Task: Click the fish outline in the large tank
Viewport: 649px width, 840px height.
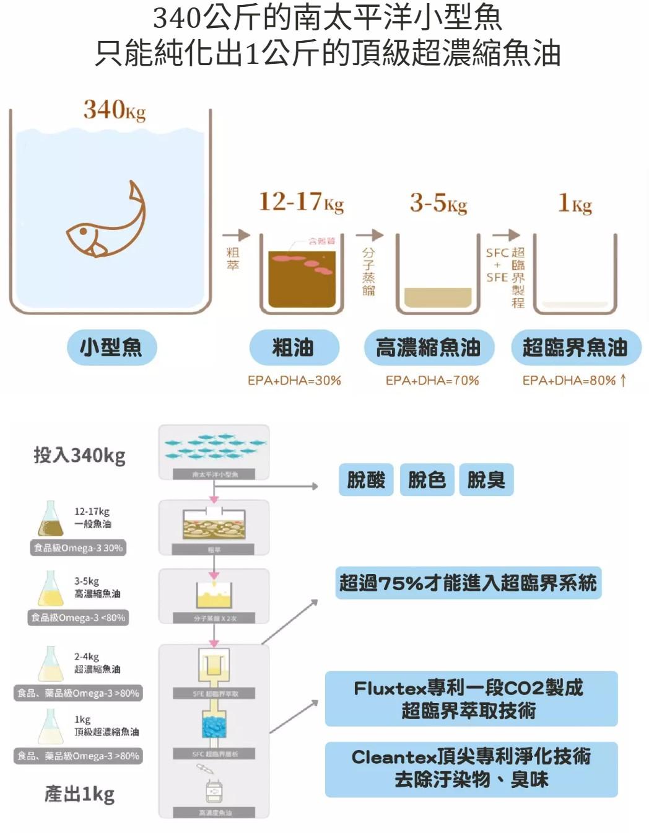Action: click(107, 223)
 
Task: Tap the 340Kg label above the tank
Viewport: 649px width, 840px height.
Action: click(115, 110)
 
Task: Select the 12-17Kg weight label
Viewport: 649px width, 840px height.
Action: click(301, 202)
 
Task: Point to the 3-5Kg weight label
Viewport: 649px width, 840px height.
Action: click(438, 203)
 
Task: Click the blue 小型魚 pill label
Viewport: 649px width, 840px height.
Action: click(111, 347)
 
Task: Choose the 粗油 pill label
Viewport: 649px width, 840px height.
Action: click(294, 347)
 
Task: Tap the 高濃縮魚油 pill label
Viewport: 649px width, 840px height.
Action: click(429, 347)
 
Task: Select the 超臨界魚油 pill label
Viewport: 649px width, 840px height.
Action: click(575, 347)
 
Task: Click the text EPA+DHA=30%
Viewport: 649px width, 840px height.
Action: click(294, 381)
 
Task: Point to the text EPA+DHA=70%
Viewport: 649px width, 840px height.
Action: click(432, 381)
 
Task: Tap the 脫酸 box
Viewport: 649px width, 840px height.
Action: click(366, 480)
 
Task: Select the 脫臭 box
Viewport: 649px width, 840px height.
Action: click(486, 480)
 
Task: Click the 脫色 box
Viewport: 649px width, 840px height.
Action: click(427, 480)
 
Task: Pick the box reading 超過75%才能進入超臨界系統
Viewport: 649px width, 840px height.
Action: click(468, 583)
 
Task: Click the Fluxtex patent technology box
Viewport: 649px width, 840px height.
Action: click(471, 699)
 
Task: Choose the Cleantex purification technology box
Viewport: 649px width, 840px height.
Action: click(471, 769)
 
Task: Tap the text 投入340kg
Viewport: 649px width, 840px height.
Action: click(79, 456)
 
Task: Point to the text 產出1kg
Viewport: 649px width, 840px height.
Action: click(79, 794)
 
